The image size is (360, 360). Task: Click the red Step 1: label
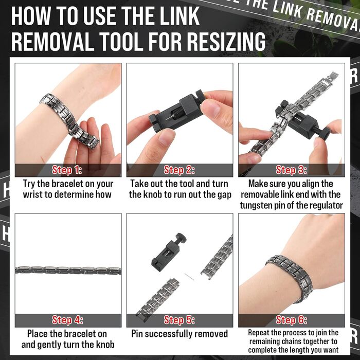pyautogui.click(x=67, y=170)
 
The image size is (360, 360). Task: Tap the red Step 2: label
pyautogui.click(x=179, y=170)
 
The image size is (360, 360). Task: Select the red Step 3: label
pyautogui.click(x=292, y=170)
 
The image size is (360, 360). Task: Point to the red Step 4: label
pyautogui.click(x=67, y=320)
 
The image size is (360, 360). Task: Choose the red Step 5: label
pyautogui.click(x=179, y=320)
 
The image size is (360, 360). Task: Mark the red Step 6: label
pyautogui.click(x=292, y=320)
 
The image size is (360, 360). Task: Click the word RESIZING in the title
pyautogui.click(x=226, y=42)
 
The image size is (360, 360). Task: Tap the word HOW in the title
pyautogui.click(x=30, y=16)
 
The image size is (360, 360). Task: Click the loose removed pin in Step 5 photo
pyautogui.click(x=190, y=277)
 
